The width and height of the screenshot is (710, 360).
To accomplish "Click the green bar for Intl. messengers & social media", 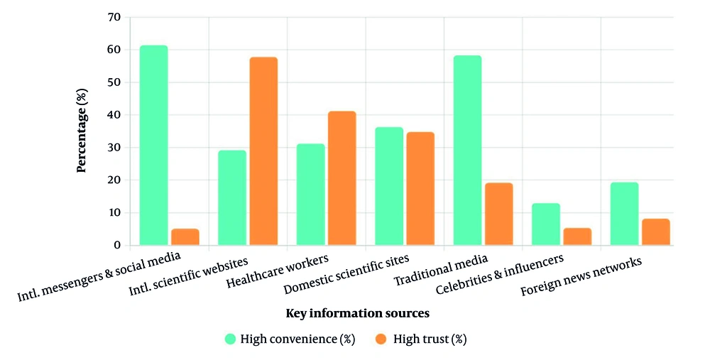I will (x=153, y=146).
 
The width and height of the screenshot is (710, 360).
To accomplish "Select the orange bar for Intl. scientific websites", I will (x=263, y=151).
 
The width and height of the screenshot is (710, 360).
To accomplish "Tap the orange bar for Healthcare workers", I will (x=342, y=178).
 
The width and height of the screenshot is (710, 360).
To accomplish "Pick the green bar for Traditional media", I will (x=467, y=151).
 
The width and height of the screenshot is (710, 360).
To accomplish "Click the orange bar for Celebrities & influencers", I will (x=577, y=236).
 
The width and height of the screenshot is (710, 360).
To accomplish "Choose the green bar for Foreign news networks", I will (x=624, y=214).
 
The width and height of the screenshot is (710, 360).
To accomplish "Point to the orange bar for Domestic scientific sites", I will (x=420, y=189).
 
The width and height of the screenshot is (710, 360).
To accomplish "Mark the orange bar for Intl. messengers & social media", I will (x=185, y=237).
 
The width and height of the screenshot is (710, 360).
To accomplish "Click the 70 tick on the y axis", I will (x=113, y=17).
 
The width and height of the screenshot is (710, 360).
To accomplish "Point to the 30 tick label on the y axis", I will (x=113, y=148).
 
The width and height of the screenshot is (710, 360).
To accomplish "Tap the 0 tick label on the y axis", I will (x=116, y=246).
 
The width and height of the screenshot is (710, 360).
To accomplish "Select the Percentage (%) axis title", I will (x=82, y=131).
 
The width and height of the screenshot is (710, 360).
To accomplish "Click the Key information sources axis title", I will (x=358, y=313).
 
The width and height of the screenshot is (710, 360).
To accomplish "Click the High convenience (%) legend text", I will (x=297, y=339).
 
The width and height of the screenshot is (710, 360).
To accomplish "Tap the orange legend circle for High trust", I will (x=381, y=339).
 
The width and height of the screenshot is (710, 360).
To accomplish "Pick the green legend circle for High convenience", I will (x=231, y=339).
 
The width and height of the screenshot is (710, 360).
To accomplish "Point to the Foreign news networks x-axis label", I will (x=581, y=277).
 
